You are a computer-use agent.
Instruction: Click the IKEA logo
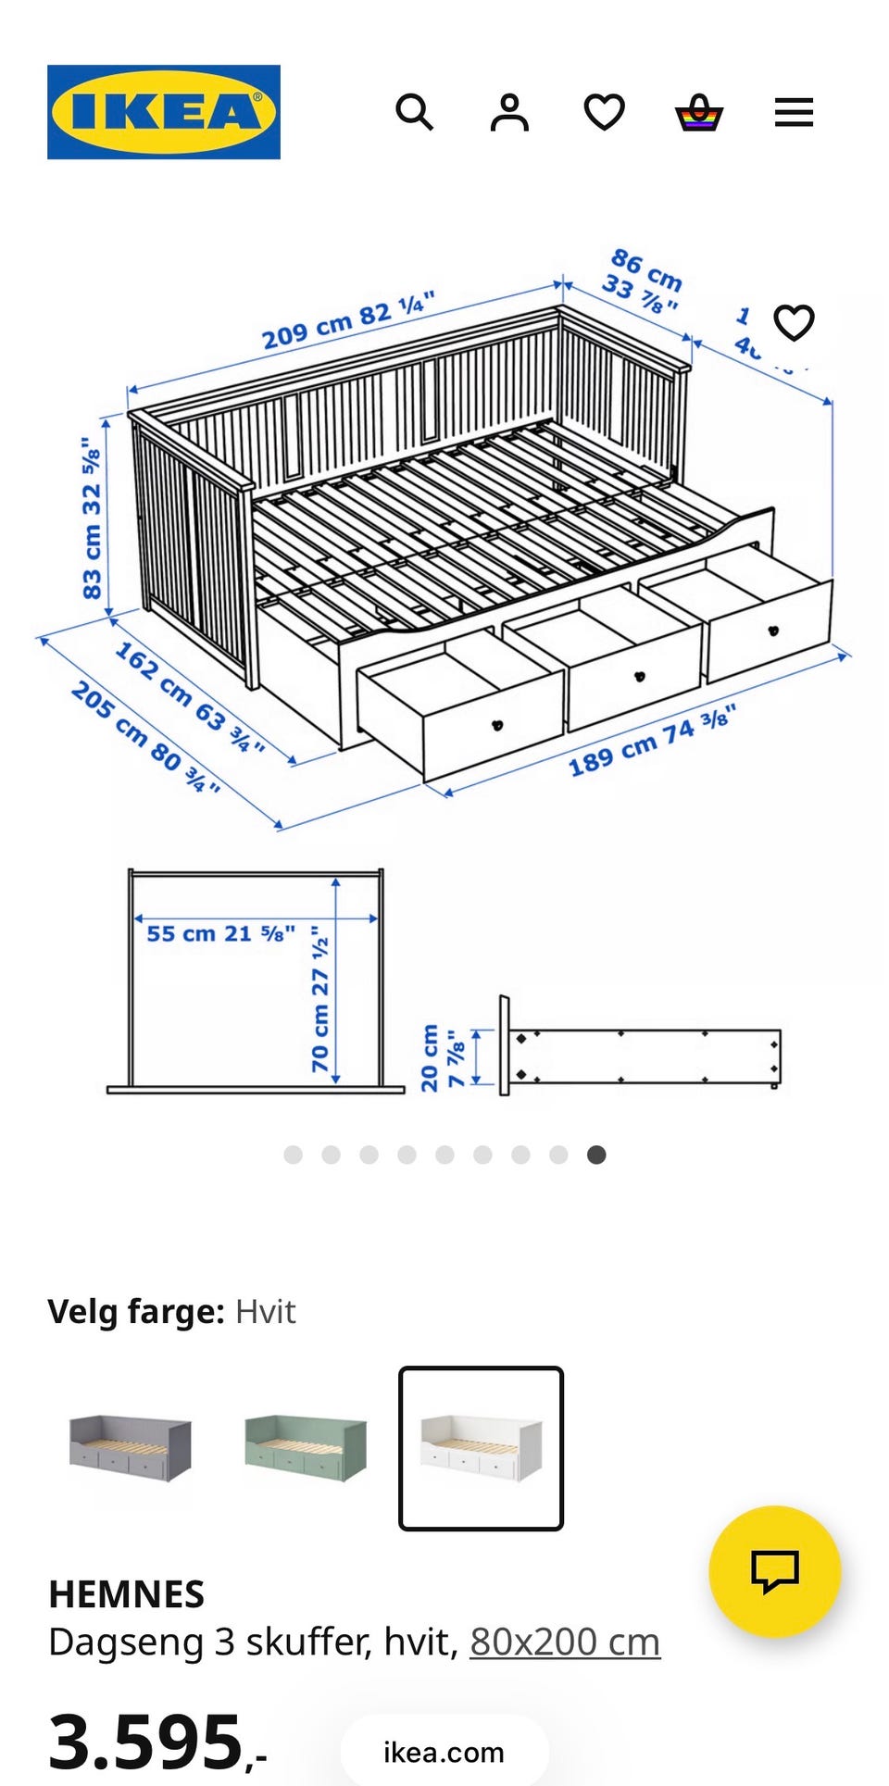coord(164,112)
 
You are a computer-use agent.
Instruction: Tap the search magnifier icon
coord(414,113)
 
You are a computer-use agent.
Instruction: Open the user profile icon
coord(509,113)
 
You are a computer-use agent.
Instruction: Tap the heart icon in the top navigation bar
coord(605,113)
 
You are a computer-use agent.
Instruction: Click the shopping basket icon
coord(699,113)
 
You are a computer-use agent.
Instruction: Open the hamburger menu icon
coord(794,113)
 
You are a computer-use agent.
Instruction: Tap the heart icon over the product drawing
coord(794,323)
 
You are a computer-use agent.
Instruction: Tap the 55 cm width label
coord(220,933)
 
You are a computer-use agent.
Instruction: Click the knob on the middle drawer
coord(637,677)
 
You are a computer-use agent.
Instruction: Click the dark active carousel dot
coord(596,1155)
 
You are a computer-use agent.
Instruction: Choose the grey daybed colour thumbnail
coord(131,1447)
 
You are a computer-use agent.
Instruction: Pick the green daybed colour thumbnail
coord(306,1447)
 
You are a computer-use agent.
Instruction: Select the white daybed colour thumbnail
coord(481,1448)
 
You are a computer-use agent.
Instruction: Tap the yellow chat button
coord(774,1571)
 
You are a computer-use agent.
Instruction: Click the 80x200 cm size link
coord(565,1642)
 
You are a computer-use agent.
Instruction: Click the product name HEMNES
coord(126,1594)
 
